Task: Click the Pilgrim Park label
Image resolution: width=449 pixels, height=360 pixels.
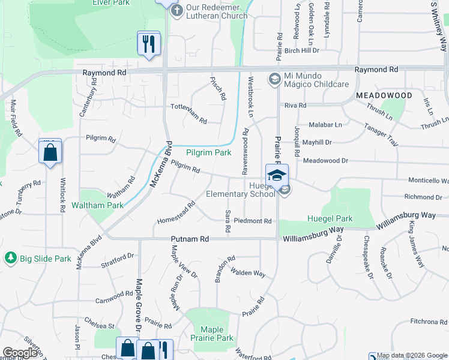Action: pyautogui.click(x=208, y=153)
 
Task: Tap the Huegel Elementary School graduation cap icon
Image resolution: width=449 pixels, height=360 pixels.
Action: pyautogui.click(x=277, y=176)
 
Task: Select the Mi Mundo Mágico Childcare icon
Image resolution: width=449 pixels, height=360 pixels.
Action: pyautogui.click(x=274, y=79)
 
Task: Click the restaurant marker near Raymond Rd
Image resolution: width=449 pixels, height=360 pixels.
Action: pyautogui.click(x=148, y=43)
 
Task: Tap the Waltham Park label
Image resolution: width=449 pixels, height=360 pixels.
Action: pyautogui.click(x=97, y=205)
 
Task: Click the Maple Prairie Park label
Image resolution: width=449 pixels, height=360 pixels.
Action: pyautogui.click(x=212, y=334)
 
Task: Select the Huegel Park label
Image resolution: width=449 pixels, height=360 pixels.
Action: pyautogui.click(x=330, y=219)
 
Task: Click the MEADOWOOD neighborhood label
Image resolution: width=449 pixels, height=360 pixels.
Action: pyautogui.click(x=384, y=96)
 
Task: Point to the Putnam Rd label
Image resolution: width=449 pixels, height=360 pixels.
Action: pyautogui.click(x=189, y=239)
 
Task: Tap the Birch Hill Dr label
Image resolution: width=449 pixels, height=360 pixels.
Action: pyautogui.click(x=302, y=51)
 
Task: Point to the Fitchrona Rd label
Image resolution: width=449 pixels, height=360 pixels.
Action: pyautogui.click(x=429, y=322)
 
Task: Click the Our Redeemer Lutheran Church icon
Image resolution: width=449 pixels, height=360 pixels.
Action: pyautogui.click(x=176, y=11)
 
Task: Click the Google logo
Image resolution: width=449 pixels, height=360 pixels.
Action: pyautogui.click(x=20, y=353)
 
